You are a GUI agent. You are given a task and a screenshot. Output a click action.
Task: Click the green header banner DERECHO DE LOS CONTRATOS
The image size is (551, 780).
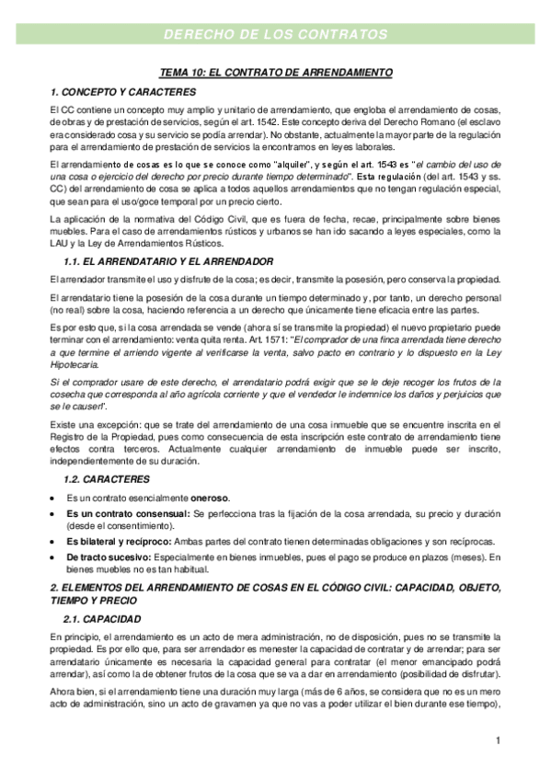point(275,35)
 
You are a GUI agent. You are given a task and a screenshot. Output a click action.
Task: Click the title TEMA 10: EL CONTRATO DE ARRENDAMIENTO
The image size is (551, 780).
point(276,72)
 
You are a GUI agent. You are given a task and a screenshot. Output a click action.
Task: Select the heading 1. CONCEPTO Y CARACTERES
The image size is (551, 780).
point(122,91)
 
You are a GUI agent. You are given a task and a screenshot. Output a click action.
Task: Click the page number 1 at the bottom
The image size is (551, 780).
point(497,740)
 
